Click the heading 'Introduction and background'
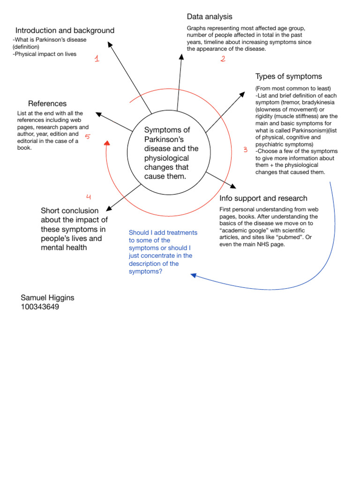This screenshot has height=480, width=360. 65,30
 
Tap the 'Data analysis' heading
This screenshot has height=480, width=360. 210,17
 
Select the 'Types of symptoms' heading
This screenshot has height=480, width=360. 288,76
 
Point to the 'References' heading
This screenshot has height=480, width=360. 47,104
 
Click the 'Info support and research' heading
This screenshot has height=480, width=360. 263,198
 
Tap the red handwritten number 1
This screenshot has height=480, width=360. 97,59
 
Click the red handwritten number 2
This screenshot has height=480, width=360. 223,59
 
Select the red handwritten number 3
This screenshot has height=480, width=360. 245,150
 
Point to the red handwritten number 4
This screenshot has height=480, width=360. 89,197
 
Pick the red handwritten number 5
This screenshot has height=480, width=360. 87,136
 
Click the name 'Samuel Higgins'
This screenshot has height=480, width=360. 47,298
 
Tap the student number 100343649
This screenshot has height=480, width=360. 40,307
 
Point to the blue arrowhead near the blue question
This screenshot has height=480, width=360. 193,276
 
